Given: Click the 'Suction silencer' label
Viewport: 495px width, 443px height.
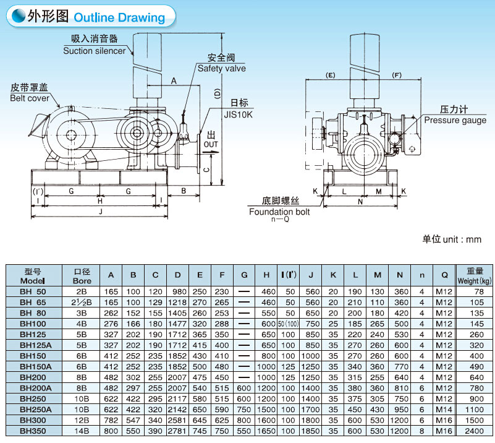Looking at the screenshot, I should tap(94, 51).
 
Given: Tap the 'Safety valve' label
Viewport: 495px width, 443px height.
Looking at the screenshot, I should tap(221, 68).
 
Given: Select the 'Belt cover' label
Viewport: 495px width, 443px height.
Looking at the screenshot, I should tap(29, 98).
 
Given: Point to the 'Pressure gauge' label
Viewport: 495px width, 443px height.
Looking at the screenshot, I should tap(455, 120).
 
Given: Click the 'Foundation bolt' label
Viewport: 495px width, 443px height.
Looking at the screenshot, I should tap(279, 212).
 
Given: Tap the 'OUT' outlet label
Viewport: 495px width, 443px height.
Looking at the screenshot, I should tap(211, 144).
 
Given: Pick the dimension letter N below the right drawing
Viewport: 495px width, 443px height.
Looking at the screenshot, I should tap(360, 201).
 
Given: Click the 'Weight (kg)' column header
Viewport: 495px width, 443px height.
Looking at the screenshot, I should tap(473, 274).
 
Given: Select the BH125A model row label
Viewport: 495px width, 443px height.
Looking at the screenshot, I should tap(35, 345).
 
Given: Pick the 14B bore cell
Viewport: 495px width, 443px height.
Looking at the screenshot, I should tap(82, 429).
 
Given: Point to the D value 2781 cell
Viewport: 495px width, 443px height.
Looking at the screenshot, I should tap(177, 429).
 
